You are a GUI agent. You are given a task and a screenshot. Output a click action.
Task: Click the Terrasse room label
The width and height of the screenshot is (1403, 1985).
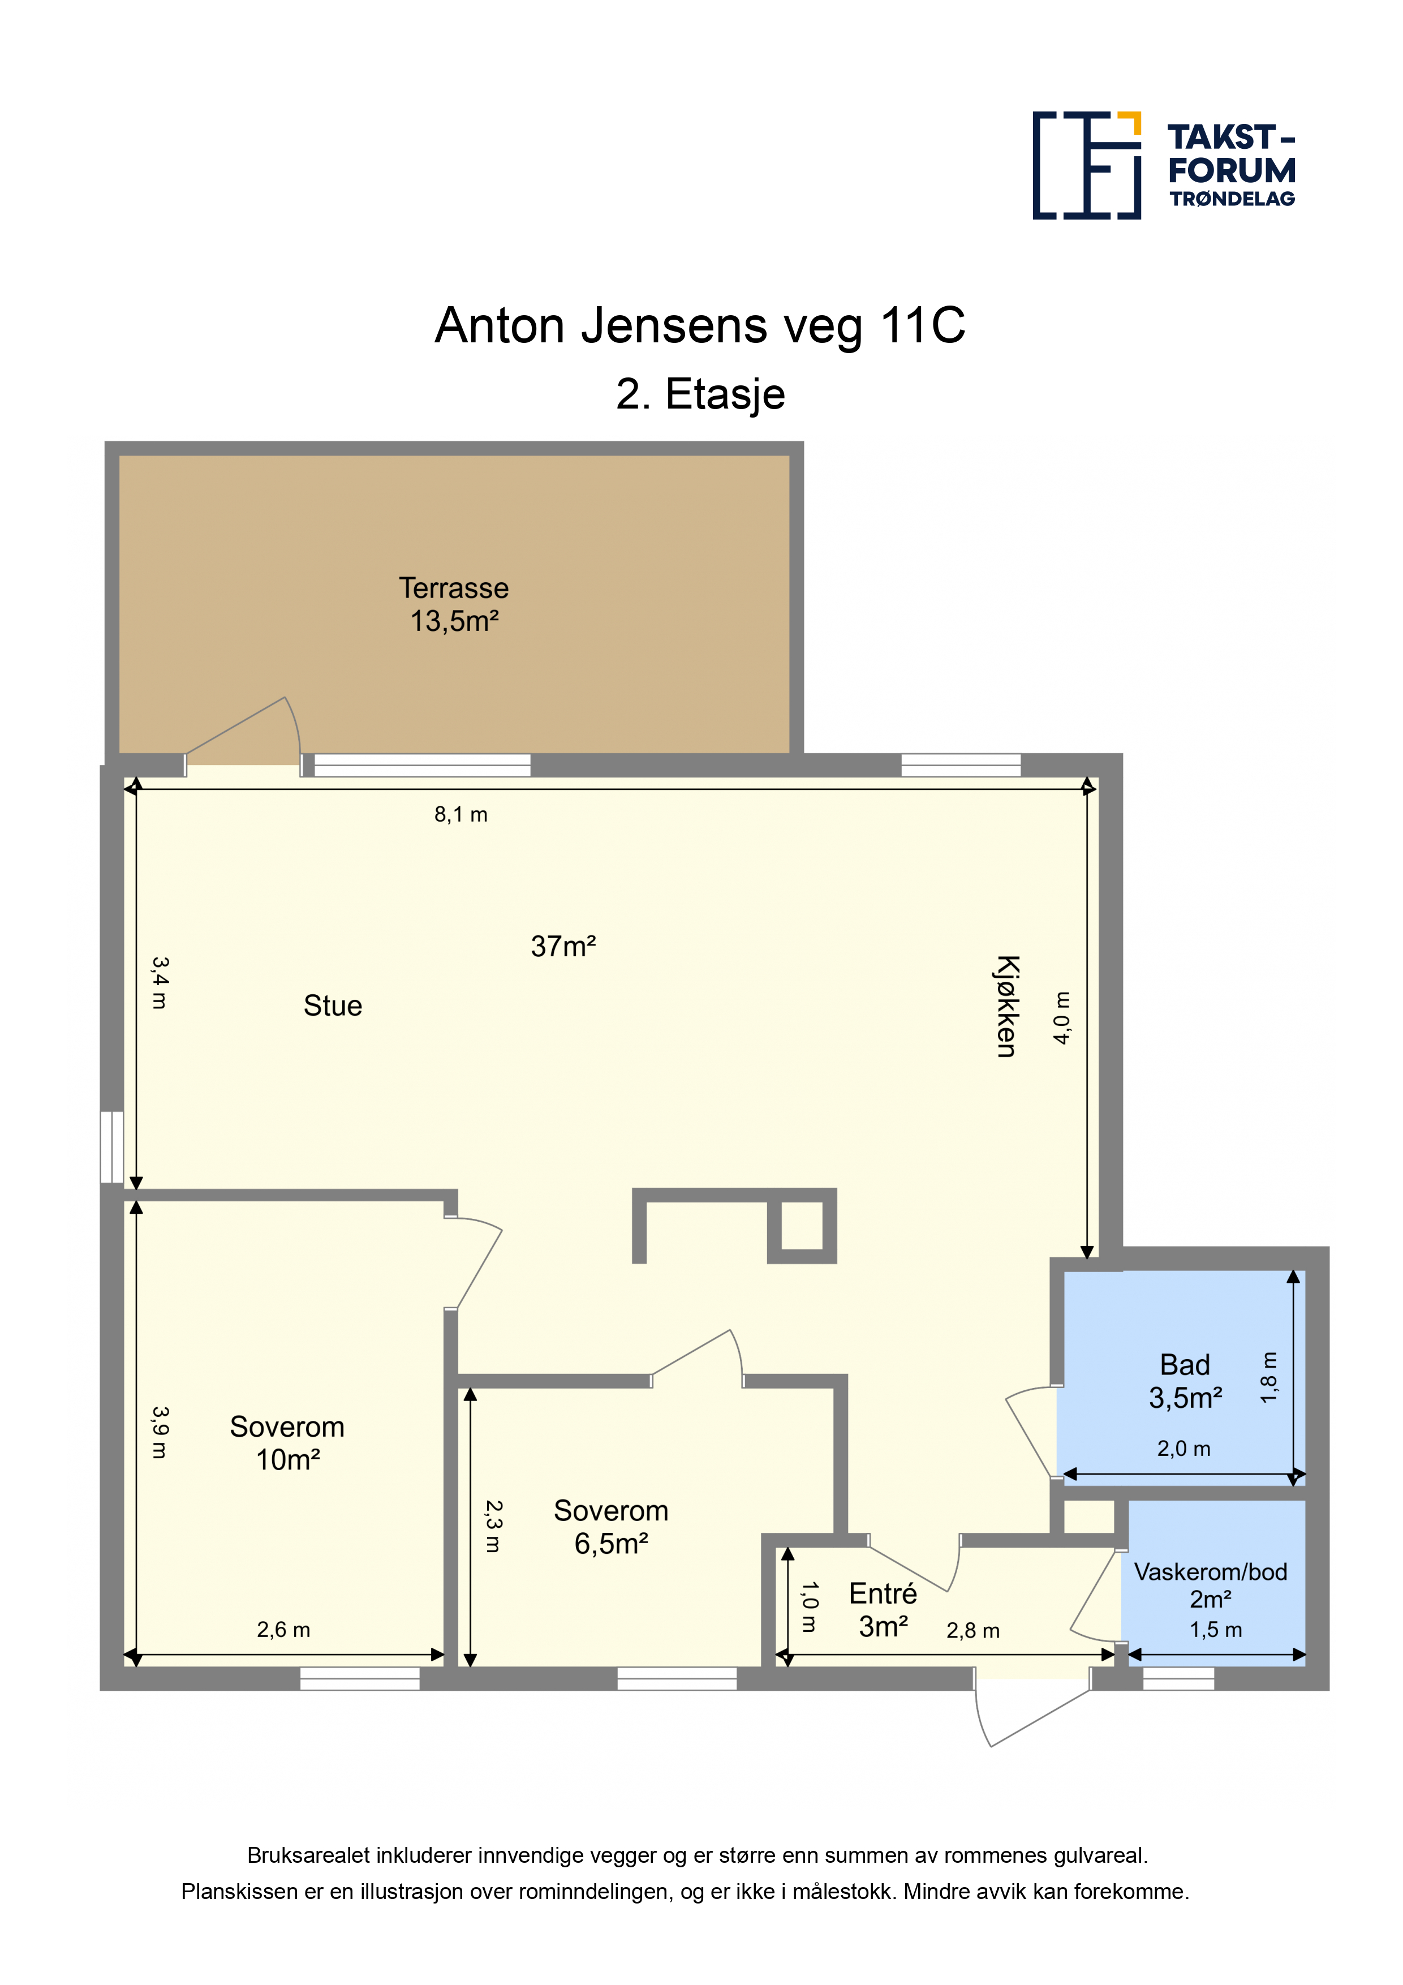pyautogui.click(x=454, y=588)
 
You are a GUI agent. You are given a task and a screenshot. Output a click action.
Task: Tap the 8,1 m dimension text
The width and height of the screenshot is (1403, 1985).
pyautogui.click(x=461, y=814)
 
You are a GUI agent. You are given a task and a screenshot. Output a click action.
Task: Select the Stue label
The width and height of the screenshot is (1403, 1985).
pyautogui.click(x=333, y=1006)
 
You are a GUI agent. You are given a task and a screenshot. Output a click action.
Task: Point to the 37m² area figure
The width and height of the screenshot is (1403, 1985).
pyautogui.click(x=563, y=947)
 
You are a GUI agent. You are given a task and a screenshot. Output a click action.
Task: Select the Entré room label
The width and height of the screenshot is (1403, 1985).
pyautogui.click(x=883, y=1593)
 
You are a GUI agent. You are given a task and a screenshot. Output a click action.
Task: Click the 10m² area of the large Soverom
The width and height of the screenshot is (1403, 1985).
pyautogui.click(x=288, y=1460)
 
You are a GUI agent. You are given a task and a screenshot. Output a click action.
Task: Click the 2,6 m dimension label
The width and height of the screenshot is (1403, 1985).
pyautogui.click(x=283, y=1630)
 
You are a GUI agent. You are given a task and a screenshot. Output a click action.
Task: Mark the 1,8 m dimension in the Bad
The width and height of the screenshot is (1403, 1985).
pyautogui.click(x=1268, y=1377)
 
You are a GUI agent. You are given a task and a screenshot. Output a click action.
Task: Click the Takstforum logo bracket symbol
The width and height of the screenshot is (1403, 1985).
pyautogui.click(x=1087, y=165)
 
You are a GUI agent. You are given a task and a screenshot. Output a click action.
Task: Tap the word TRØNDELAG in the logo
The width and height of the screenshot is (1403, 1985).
pyautogui.click(x=1232, y=199)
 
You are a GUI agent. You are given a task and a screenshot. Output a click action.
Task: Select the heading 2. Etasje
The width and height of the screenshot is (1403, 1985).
pyautogui.click(x=700, y=394)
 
